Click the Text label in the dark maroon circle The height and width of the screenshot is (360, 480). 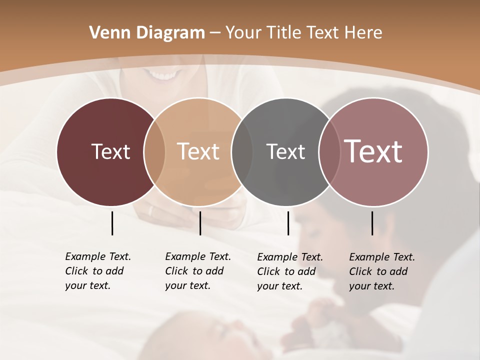point(110,151)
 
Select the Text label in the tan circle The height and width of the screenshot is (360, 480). point(198,151)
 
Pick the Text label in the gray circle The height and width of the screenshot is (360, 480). point(285,151)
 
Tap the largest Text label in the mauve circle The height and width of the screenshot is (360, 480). point(373,151)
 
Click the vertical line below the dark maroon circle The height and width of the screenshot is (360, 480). point(112,223)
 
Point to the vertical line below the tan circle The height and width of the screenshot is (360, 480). point(200,223)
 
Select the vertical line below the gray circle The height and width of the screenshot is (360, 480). point(288,223)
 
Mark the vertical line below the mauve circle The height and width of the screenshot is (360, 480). point(372,223)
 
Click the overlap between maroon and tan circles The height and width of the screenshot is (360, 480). point(154,151)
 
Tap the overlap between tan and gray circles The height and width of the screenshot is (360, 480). point(242,151)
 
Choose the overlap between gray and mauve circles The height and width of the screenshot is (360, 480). point(329,151)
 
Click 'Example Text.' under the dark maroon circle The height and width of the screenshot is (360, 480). point(98,256)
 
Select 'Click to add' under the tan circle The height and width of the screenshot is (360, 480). point(194,271)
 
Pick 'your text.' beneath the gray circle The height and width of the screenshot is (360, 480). point(280,286)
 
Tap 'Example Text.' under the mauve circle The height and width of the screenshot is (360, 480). point(382,257)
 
